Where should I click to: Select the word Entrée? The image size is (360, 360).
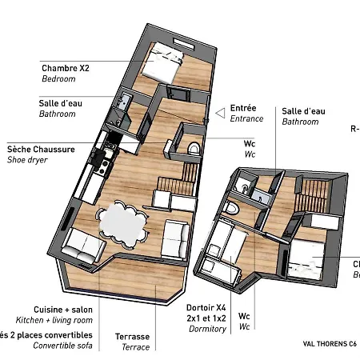(243, 108)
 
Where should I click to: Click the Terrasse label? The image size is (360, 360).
(132, 337)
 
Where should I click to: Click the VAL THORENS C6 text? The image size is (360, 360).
(330, 345)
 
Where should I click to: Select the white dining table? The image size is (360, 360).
(122, 222)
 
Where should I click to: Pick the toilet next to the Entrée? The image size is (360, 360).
(192, 149)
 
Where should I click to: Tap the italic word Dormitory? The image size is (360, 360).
(206, 329)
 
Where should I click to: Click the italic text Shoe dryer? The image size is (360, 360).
(27, 160)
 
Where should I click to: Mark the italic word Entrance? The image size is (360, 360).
(246, 119)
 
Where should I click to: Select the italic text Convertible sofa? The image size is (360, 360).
(63, 346)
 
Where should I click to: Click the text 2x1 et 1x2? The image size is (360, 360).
(206, 318)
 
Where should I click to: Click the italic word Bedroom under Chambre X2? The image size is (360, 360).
(58, 79)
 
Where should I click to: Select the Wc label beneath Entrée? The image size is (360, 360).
(249, 144)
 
